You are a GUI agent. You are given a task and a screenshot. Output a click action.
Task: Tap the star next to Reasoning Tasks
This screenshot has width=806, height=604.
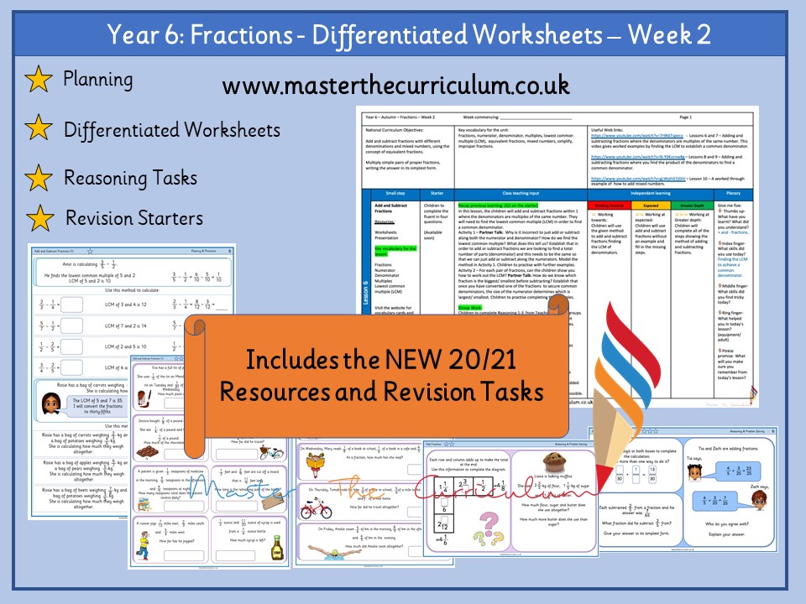(38, 178)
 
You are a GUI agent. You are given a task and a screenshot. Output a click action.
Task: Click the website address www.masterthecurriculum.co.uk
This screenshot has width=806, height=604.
(396, 86)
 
